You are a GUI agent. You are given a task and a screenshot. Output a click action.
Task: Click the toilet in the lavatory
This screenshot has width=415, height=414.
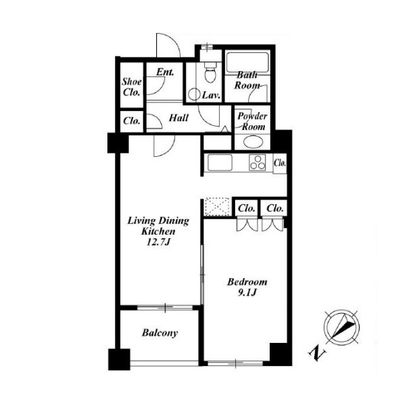click(211, 72)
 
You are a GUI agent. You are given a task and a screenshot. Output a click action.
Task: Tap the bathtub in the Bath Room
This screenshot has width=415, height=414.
click(247, 62)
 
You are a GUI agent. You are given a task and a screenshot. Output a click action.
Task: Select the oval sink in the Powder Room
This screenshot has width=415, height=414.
click(253, 142)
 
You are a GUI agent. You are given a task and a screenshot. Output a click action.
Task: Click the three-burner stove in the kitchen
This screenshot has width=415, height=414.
click(258, 162)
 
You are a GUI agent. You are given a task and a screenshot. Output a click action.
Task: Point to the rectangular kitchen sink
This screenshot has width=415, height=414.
click(220, 162)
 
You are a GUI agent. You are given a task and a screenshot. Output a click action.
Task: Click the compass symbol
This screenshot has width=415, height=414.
click(342, 327)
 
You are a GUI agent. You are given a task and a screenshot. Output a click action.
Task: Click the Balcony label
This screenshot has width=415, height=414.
click(160, 333)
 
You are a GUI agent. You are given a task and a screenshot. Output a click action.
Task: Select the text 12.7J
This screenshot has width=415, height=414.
click(158, 242)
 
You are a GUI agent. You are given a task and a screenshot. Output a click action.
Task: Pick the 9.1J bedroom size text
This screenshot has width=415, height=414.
click(247, 292)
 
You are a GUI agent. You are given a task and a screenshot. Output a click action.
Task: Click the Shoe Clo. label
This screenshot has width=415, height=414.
click(132, 87)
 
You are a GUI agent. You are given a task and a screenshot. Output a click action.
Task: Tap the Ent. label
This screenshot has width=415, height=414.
click(165, 72)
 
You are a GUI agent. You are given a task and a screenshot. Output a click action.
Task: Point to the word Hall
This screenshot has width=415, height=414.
click(178, 118)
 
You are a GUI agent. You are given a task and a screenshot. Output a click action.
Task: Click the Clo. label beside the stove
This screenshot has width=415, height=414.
click(280, 162)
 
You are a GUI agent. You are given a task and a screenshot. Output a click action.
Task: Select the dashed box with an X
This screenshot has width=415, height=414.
click(217, 206)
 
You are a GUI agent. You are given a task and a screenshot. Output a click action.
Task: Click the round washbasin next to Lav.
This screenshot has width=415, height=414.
click(194, 94)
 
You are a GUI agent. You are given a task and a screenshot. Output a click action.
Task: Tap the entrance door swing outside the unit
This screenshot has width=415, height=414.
click(168, 45)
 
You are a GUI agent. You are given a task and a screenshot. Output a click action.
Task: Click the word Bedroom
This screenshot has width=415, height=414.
click(247, 281)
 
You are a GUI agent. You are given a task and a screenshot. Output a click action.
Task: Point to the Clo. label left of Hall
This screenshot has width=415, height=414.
click(132, 121)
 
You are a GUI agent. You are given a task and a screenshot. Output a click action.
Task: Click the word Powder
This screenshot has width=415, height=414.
click(252, 116)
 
